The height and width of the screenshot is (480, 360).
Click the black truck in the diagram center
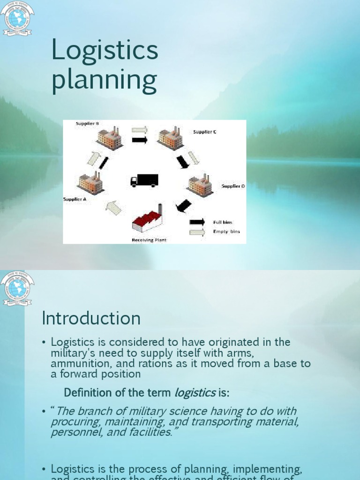[144, 180]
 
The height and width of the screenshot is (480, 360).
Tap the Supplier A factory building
[90, 182]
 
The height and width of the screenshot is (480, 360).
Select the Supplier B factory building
[110, 138]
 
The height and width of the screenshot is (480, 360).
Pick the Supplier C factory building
[170, 138]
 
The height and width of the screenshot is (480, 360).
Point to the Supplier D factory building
[201, 185]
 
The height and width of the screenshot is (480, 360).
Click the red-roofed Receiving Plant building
[147, 220]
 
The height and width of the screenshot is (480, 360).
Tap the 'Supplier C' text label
[205, 132]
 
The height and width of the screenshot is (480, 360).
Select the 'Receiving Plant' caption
[149, 240]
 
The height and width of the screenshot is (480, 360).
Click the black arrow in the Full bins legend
[197, 222]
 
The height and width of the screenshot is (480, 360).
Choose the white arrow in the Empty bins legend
[197, 232]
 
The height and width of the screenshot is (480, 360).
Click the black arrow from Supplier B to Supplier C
[140, 140]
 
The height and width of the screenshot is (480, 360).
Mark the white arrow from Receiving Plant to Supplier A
[113, 207]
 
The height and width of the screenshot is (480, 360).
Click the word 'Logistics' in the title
[105, 51]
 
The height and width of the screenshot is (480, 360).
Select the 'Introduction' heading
[91, 318]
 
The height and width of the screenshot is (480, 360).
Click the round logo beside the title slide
[17, 18]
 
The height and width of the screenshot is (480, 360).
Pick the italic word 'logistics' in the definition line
[195, 392]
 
